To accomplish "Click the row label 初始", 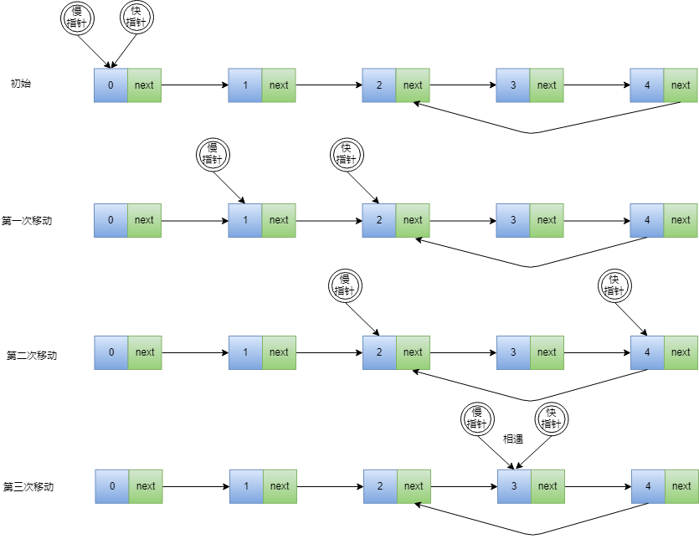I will (21, 84).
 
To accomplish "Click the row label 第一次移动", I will (28, 221).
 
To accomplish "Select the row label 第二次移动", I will (32, 355).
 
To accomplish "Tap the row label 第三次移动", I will (28, 486).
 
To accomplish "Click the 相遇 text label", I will (512, 438).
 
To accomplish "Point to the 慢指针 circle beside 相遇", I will (477, 418).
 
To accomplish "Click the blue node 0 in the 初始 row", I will (111, 85).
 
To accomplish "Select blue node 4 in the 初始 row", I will (647, 85).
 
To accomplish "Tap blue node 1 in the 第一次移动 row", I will (245, 220).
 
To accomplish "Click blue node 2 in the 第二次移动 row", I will (379, 352).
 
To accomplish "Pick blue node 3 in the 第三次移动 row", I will (514, 486).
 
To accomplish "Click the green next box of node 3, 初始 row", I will (547, 85).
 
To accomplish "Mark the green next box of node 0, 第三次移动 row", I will (146, 486).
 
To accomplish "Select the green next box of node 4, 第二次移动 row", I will (681, 352).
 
